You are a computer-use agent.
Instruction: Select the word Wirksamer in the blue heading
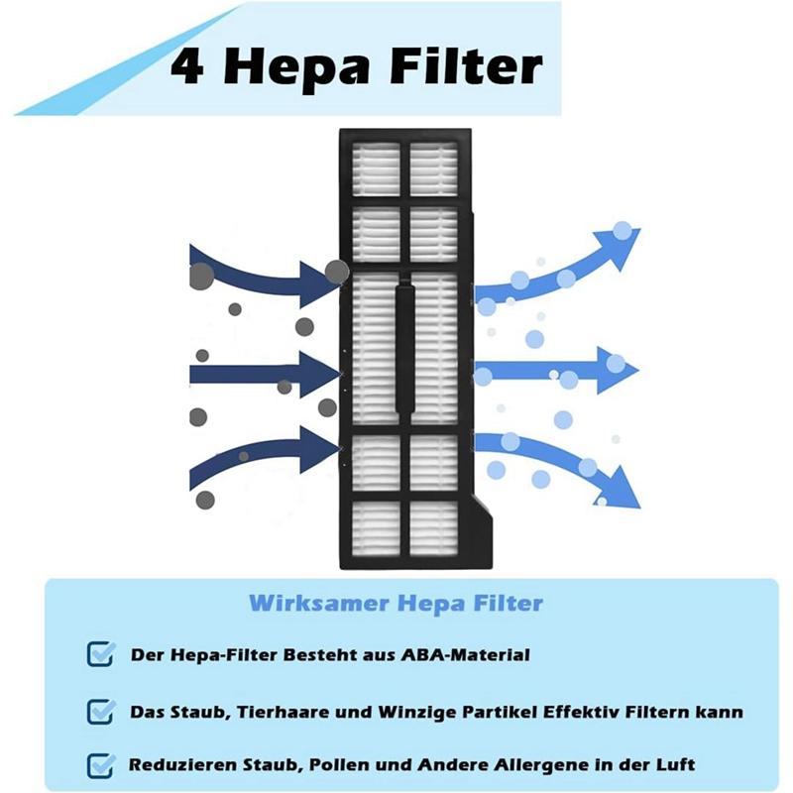[x=319, y=603]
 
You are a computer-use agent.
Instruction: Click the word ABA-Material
[x=465, y=655]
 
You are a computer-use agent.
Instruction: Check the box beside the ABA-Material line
[x=100, y=654]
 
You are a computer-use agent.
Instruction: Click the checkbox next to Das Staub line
[x=100, y=711]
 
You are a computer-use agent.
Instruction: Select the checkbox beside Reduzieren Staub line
[x=100, y=765]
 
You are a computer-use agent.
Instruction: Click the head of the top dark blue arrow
[x=319, y=284]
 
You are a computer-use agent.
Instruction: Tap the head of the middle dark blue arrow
[x=319, y=375]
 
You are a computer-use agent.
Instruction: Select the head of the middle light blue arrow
[x=617, y=370]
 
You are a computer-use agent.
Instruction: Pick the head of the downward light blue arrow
[x=623, y=488]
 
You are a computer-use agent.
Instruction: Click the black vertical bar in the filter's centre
[x=404, y=348]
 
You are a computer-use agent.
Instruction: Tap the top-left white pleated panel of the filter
[x=376, y=169]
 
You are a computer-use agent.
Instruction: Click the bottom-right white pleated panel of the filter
[x=433, y=528]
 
